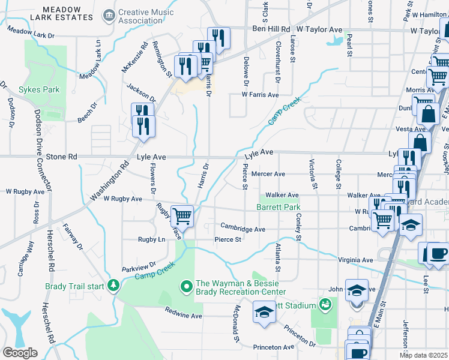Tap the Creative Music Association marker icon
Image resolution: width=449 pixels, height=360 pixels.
pyautogui.click(x=109, y=14)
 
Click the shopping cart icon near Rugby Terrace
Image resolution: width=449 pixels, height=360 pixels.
pyautogui.click(x=182, y=216)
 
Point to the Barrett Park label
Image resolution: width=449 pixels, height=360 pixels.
pyautogui.click(x=277, y=207)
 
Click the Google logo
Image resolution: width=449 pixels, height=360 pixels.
pyautogui.click(x=20, y=352)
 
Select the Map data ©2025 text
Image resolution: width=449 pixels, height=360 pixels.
pyautogui.click(x=423, y=355)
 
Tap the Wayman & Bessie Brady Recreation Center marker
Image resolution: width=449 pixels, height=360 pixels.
pyautogui.click(x=187, y=286)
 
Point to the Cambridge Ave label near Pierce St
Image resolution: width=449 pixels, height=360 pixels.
pyautogui.click(x=243, y=229)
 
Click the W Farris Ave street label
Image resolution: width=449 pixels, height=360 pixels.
pyautogui.click(x=260, y=95)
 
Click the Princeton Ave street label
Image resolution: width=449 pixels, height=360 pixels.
pyautogui.click(x=275, y=347)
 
